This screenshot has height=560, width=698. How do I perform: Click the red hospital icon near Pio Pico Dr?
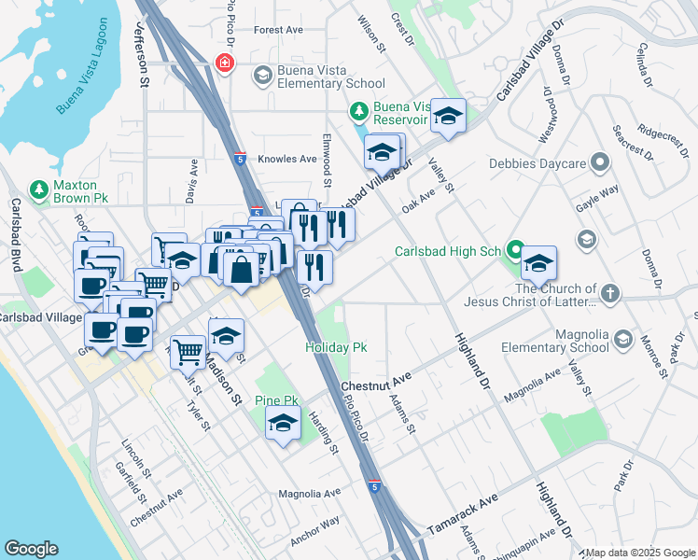224,63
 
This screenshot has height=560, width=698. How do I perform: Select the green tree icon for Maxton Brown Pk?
38,189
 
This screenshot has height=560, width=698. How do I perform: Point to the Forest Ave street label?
278,30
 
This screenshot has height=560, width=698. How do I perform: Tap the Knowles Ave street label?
287,159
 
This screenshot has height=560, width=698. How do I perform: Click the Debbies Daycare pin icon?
599,164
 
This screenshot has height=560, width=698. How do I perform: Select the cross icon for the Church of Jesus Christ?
609,294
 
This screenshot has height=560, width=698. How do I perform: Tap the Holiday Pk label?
336,347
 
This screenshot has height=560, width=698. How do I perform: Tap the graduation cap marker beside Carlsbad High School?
538,264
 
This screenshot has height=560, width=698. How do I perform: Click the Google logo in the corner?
31,549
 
